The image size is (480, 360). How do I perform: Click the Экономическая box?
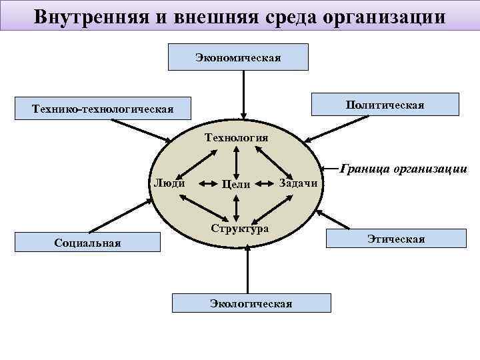(238, 57)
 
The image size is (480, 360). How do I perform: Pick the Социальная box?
(87, 242)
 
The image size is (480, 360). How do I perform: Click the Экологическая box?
(251, 303)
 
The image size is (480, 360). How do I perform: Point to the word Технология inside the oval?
(236, 137)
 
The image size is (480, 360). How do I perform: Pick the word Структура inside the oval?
(239, 228)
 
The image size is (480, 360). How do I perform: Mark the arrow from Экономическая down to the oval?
(245, 93)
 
